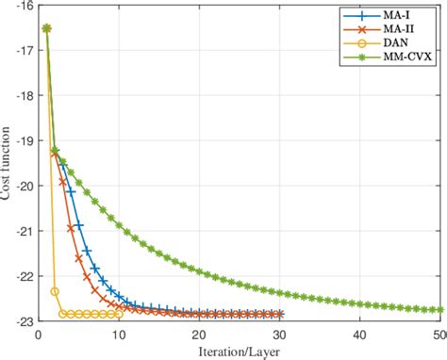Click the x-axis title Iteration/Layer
pos(240,352)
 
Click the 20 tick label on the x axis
pos(199,334)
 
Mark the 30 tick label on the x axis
pos(280,334)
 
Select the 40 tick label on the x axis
pos(360,334)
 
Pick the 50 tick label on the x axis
pos(439,334)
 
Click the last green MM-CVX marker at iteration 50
pos(440,309)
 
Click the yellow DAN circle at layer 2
pos(55,291)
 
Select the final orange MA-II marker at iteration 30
pos(280,314)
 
